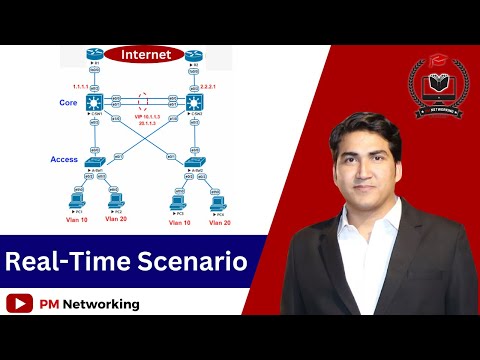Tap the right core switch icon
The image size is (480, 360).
coord(192,101)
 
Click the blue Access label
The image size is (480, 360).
coord(63,160)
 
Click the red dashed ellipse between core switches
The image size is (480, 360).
coord(145,101)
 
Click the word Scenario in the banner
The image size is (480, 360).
coord(192,263)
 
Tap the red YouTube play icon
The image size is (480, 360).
coord(17,303)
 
